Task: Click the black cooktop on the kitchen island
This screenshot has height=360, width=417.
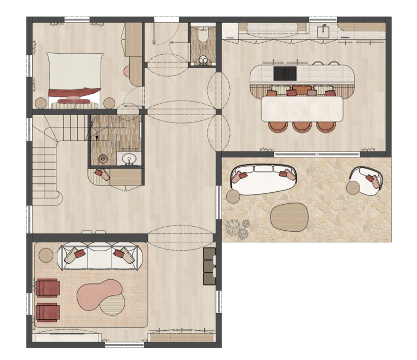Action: (284, 73)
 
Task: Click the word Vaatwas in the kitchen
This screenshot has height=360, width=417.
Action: (345, 38)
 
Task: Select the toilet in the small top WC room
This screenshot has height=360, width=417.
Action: (202, 35)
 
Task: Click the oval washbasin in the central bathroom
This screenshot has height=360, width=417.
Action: (128, 158)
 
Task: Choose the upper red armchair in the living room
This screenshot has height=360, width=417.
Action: (47, 288)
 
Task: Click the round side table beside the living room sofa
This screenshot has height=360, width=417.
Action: (47, 255)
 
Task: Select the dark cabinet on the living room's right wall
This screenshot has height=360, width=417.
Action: (209, 266)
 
